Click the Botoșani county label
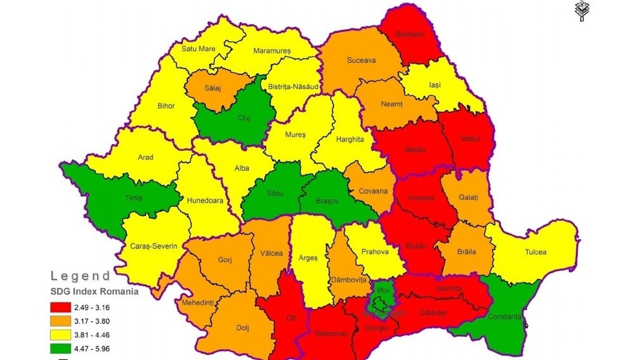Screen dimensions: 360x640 pyautogui.click(x=410, y=34)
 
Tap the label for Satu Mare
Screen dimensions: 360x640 pyautogui.click(x=198, y=48)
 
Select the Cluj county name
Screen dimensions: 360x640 pyautogui.click(x=243, y=118)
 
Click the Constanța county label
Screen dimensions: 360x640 pyautogui.click(x=505, y=316)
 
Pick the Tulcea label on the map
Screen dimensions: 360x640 pyautogui.click(x=535, y=252)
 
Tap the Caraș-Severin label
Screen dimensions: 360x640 pyautogui.click(x=154, y=246)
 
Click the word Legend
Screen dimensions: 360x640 pyautogui.click(x=80, y=276)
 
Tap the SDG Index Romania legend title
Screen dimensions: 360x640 pyautogui.click(x=95, y=292)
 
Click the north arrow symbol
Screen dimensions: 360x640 pyautogui.click(x=580, y=10)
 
